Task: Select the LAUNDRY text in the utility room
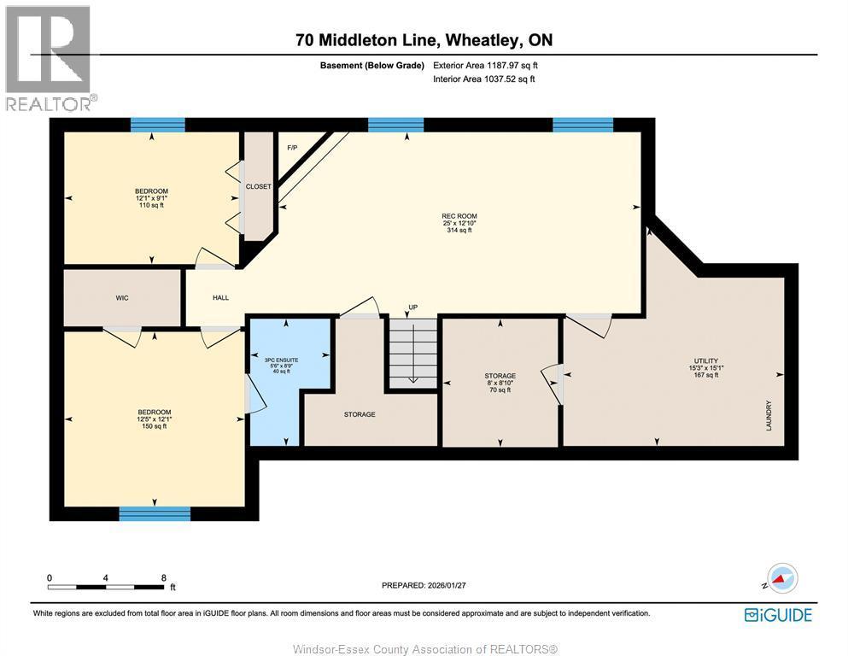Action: pyautogui.click(x=769, y=415)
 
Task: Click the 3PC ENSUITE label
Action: pyautogui.click(x=287, y=360)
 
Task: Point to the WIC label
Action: pyautogui.click(x=122, y=298)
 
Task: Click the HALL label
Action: pyautogui.click(x=220, y=298)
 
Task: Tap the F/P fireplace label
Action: pyautogui.click(x=292, y=148)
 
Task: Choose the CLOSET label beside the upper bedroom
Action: pyautogui.click(x=258, y=186)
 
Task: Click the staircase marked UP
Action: pyautogui.click(x=412, y=350)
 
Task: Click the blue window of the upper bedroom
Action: pyautogui.click(x=158, y=125)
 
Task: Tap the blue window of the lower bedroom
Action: pyautogui.click(x=155, y=512)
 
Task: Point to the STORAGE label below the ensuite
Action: pyautogui.click(x=360, y=414)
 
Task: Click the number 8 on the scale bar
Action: pyautogui.click(x=163, y=577)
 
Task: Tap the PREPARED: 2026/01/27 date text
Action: pyautogui.click(x=424, y=585)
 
